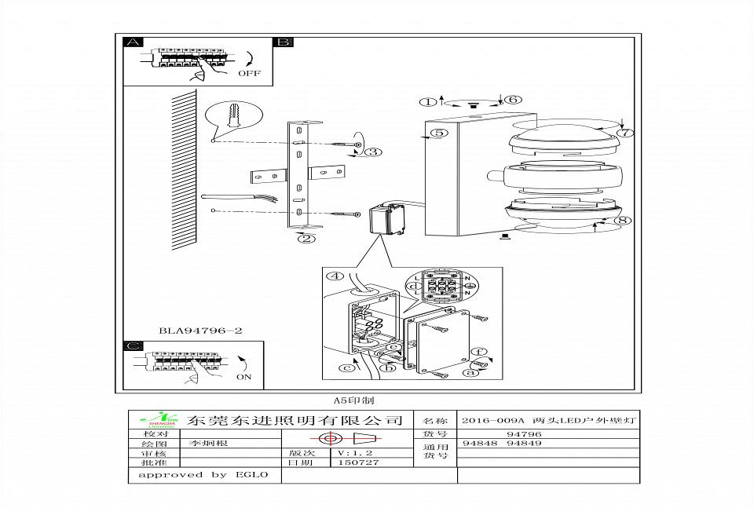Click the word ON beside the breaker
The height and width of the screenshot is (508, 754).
(244, 376)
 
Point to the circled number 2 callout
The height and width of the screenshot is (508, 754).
(306, 239)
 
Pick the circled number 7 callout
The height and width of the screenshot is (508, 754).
(511, 100)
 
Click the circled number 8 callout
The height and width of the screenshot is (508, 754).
(624, 133)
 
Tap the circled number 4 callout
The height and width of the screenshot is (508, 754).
(622, 221)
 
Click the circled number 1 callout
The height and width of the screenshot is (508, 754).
(428, 101)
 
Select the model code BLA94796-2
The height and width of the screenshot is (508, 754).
(199, 331)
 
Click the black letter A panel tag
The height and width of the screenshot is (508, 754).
(134, 42)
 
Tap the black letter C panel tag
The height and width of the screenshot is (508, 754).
(134, 345)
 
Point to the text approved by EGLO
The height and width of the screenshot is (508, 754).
(203, 474)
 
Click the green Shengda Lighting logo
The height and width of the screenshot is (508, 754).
(158, 421)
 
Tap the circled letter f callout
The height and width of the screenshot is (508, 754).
(474, 353)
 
